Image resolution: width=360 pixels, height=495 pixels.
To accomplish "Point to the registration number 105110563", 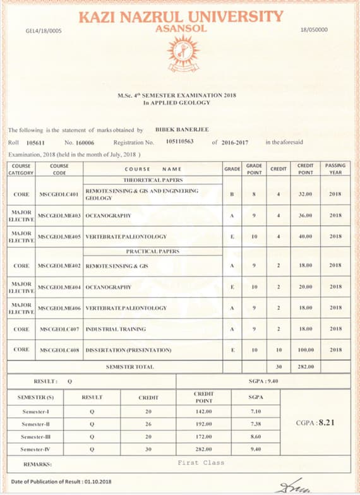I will [x=179, y=143].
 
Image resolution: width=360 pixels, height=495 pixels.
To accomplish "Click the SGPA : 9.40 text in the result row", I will [x=263, y=381].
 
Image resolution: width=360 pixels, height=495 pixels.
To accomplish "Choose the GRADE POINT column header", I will [x=254, y=169].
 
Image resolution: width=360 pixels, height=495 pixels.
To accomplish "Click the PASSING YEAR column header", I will [x=335, y=169].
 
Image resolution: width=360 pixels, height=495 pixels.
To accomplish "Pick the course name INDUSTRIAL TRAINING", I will [x=116, y=329].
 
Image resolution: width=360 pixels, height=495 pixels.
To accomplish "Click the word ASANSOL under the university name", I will [x=179, y=29].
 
